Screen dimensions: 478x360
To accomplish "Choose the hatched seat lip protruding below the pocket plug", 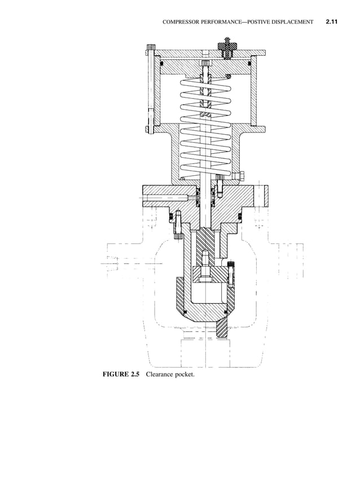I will point(222,330).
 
